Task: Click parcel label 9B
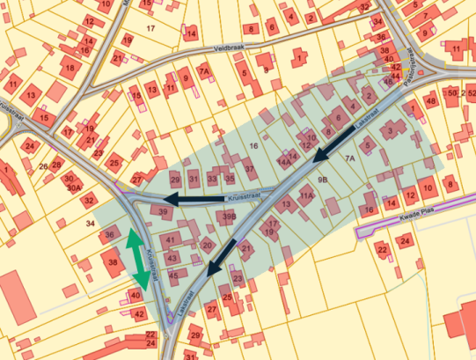click(x=322, y=180)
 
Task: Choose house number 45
click(x=173, y=275)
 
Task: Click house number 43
click(x=172, y=258)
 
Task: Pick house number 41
click(x=170, y=240)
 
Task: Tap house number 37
click(x=249, y=169)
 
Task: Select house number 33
click(x=211, y=179)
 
